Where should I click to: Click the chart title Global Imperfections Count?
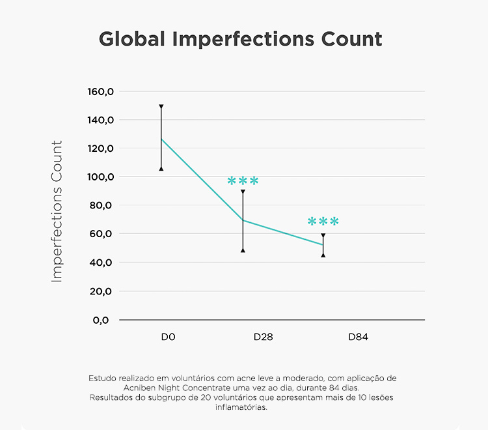pos(241,38)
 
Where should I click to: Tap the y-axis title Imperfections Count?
pos(57,211)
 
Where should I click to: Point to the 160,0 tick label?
pos(101,91)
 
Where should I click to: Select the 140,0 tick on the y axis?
pos(101,120)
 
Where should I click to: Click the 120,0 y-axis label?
pos(101,149)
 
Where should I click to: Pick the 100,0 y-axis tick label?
pos(101,177)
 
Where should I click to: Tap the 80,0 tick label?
pos(103,205)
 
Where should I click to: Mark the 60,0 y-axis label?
pos(103,234)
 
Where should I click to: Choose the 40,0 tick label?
pos(103,263)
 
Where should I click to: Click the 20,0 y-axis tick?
pos(103,291)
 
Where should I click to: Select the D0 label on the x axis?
pos(169,337)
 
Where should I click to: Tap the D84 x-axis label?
pos(359,337)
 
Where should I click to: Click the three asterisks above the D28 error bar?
pos(243,181)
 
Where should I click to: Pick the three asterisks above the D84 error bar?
pos(323,222)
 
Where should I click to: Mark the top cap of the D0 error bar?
pos(161,106)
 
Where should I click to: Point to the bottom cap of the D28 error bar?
pos(243,250)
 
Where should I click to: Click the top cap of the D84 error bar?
pos(323,235)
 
